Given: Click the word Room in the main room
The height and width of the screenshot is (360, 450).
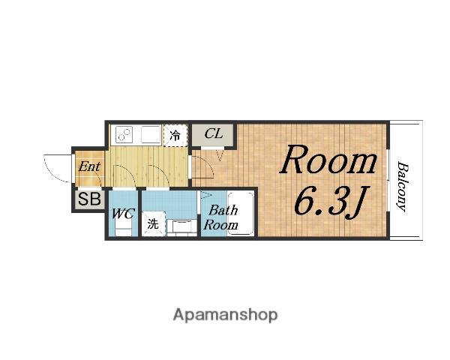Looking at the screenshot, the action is coord(328,160).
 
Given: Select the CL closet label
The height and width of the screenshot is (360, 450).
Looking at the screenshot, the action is coord(213,133).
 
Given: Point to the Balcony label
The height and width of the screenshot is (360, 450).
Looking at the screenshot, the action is coord(402,187).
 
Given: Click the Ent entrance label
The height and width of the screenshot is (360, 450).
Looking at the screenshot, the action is coord(89,166).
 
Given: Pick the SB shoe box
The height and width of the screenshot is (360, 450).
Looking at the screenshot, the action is coord(89,199).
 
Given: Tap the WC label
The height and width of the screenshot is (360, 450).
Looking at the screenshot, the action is coord(123,213).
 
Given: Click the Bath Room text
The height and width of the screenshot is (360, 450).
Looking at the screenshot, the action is coord(220,217).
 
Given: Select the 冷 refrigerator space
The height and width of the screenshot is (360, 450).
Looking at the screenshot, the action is coord(175,135).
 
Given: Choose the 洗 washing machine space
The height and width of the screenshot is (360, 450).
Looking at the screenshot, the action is coord(153,224).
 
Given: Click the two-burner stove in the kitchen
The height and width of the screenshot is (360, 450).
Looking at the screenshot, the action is coord(124,134).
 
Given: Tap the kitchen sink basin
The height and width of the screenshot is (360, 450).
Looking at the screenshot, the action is coord(151,134).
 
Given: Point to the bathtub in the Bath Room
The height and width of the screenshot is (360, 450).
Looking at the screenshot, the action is coord(241,213).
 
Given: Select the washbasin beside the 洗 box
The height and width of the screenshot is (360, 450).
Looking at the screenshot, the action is coord(181,226).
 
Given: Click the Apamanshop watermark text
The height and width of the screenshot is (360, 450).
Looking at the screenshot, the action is coord(225,315).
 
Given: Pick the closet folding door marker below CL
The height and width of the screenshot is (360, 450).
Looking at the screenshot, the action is coord(220,154).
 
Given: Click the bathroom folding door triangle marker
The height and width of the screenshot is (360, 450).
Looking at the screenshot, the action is coord(205,196).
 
